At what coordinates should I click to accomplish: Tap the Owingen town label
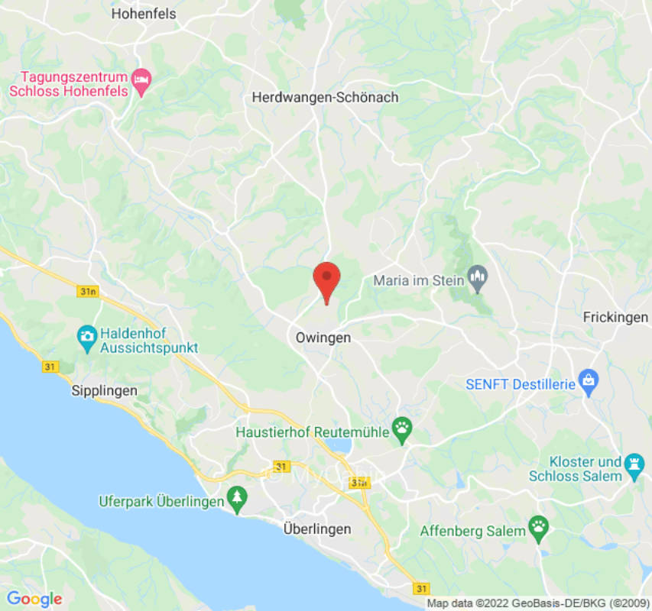(323, 337)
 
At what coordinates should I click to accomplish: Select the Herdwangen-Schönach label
(325, 98)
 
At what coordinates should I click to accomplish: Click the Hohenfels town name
(143, 14)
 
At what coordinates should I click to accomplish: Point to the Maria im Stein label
(418, 280)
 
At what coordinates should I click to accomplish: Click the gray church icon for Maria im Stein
(478, 278)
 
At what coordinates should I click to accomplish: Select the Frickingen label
(615, 317)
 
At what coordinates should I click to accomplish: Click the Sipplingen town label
(104, 390)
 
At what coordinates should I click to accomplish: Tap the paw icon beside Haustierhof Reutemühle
(402, 431)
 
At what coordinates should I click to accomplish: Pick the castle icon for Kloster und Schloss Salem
(634, 464)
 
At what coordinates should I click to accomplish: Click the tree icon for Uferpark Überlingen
(238, 500)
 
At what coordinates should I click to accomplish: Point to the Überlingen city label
(316, 529)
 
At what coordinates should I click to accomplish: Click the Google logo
(34, 599)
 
